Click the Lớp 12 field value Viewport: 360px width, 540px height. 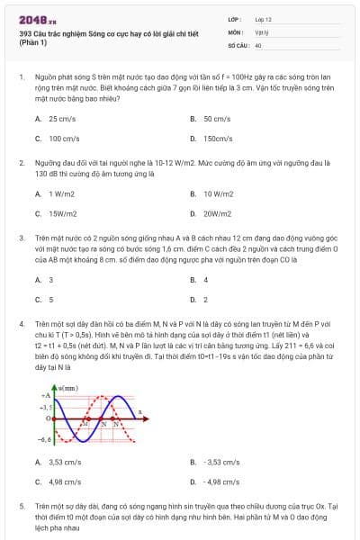click(264, 18)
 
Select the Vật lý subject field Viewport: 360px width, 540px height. click(262, 31)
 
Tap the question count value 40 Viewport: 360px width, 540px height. click(258, 44)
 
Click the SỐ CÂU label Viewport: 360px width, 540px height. click(238, 44)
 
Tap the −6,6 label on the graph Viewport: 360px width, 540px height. click(44, 440)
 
